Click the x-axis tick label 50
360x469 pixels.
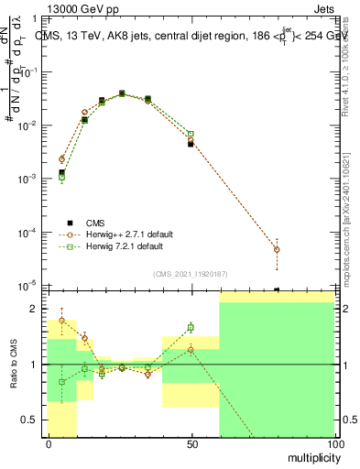click(x=191, y=442)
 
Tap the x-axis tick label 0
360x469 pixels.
click(x=48, y=442)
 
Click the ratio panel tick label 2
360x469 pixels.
click(x=33, y=309)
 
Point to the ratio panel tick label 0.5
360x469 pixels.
click(x=29, y=420)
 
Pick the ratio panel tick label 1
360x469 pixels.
click(x=33, y=365)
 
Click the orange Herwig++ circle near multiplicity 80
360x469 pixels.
click(x=277, y=249)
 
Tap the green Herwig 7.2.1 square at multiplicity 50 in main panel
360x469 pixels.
click(x=191, y=135)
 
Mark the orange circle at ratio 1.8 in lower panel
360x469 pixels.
click(x=61, y=321)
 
